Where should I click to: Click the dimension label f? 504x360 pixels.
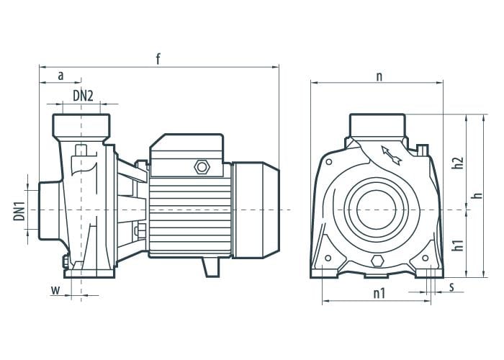click(158, 59)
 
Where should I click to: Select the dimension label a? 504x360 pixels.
click(60, 75)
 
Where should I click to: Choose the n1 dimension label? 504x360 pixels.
click(379, 293)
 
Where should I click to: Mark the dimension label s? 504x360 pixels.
click(451, 288)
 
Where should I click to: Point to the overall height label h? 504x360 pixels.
click(476, 196)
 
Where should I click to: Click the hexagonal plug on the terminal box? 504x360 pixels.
click(201, 167)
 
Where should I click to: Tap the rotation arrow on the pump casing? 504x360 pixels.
click(389, 153)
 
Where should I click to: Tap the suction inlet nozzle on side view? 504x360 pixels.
click(43, 210)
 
